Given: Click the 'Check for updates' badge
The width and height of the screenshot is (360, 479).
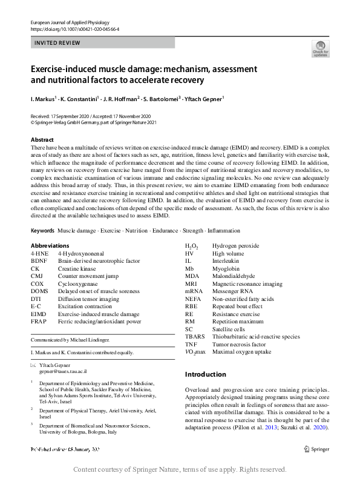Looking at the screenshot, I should coord(320,48).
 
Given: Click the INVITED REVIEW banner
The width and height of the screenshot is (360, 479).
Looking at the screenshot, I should coord(102,43).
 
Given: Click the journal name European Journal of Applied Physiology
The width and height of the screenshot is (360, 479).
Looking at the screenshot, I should coord(70,22).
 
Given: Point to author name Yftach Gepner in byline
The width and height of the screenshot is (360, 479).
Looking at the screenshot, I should coord(205,97).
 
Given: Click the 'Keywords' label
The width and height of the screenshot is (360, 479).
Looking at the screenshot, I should coord(42,231).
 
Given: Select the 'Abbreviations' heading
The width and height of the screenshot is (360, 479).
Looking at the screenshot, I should coord(50,245).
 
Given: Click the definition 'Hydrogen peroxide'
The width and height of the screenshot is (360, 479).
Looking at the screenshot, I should coord(235,246).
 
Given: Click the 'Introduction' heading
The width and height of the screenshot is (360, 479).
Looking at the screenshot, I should coord(205,374).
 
